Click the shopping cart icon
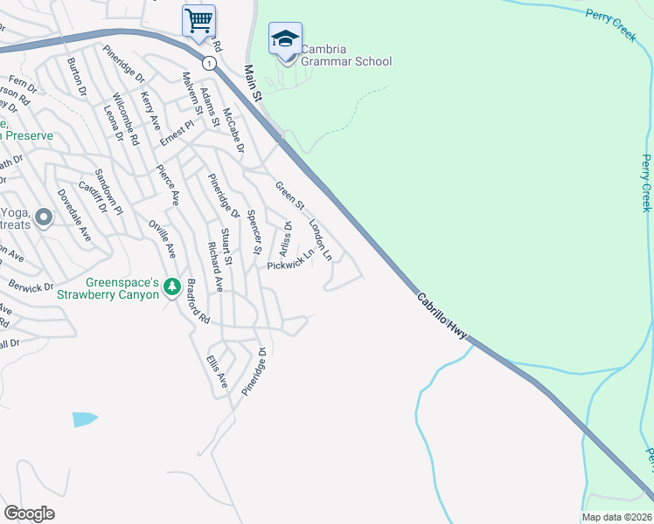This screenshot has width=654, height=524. (198, 19)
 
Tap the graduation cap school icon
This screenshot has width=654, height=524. (285, 39)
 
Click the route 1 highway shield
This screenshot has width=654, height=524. (208, 63)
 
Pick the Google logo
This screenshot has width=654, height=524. (29, 514)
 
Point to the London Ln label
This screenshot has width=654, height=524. (321, 240)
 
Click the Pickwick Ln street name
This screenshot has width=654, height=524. (289, 259)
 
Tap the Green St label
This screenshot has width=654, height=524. (289, 196)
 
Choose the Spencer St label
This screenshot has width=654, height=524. (254, 232)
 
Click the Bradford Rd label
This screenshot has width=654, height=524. (198, 301)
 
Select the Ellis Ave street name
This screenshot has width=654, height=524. (216, 371)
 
